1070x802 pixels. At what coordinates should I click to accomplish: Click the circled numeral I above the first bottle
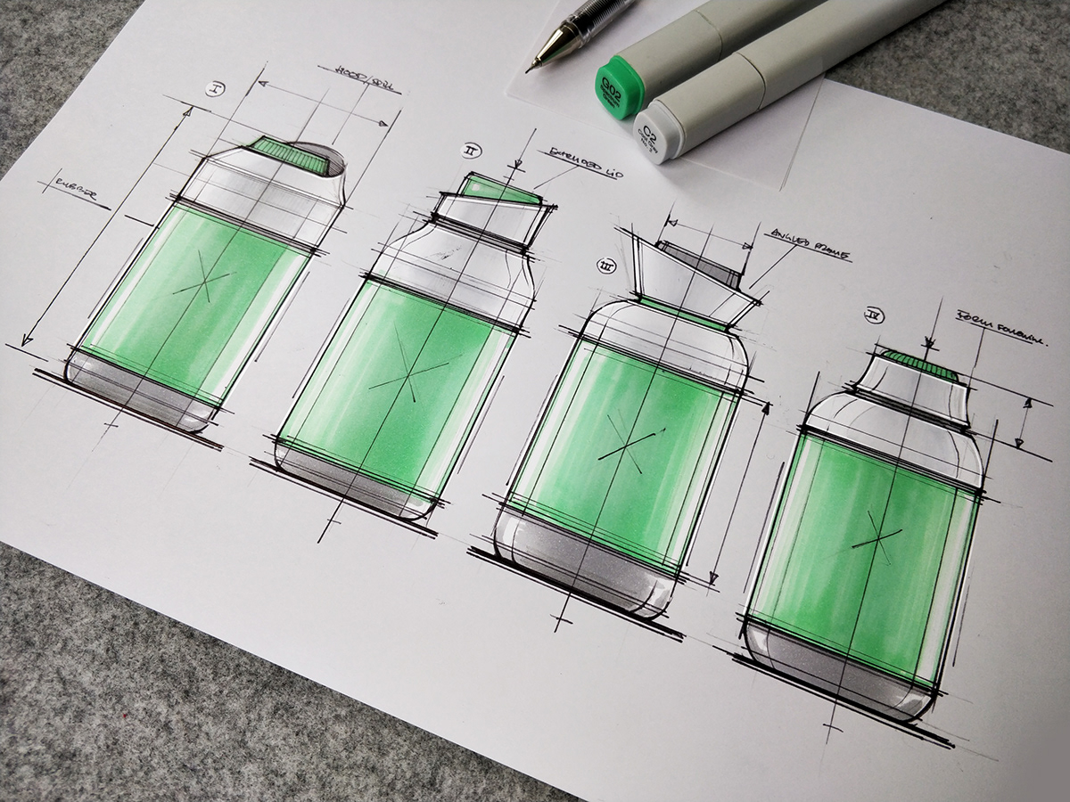point(214,88)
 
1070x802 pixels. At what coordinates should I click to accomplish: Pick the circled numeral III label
point(609,265)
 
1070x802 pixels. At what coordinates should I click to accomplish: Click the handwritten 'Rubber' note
point(77,187)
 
